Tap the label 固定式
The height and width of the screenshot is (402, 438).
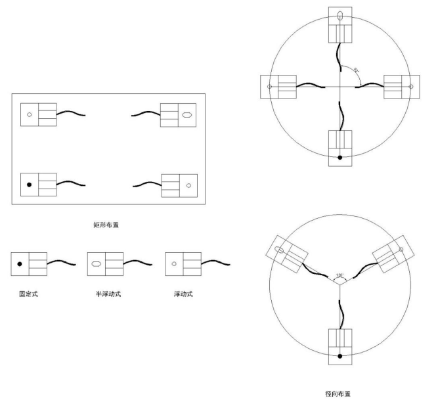(28, 293)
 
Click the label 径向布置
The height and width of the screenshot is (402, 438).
(339, 391)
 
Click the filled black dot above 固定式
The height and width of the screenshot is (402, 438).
(20, 263)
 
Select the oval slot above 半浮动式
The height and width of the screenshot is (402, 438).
(96, 263)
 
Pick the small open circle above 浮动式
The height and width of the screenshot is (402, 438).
(174, 263)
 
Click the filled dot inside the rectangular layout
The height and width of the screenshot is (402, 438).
(29, 185)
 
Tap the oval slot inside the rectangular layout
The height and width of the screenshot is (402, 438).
(188, 114)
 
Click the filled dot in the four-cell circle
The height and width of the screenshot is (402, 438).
(339, 158)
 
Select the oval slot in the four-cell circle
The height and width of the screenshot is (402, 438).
(339, 16)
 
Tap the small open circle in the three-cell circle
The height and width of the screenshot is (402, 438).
(401, 250)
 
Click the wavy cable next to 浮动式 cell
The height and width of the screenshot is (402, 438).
(217, 263)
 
